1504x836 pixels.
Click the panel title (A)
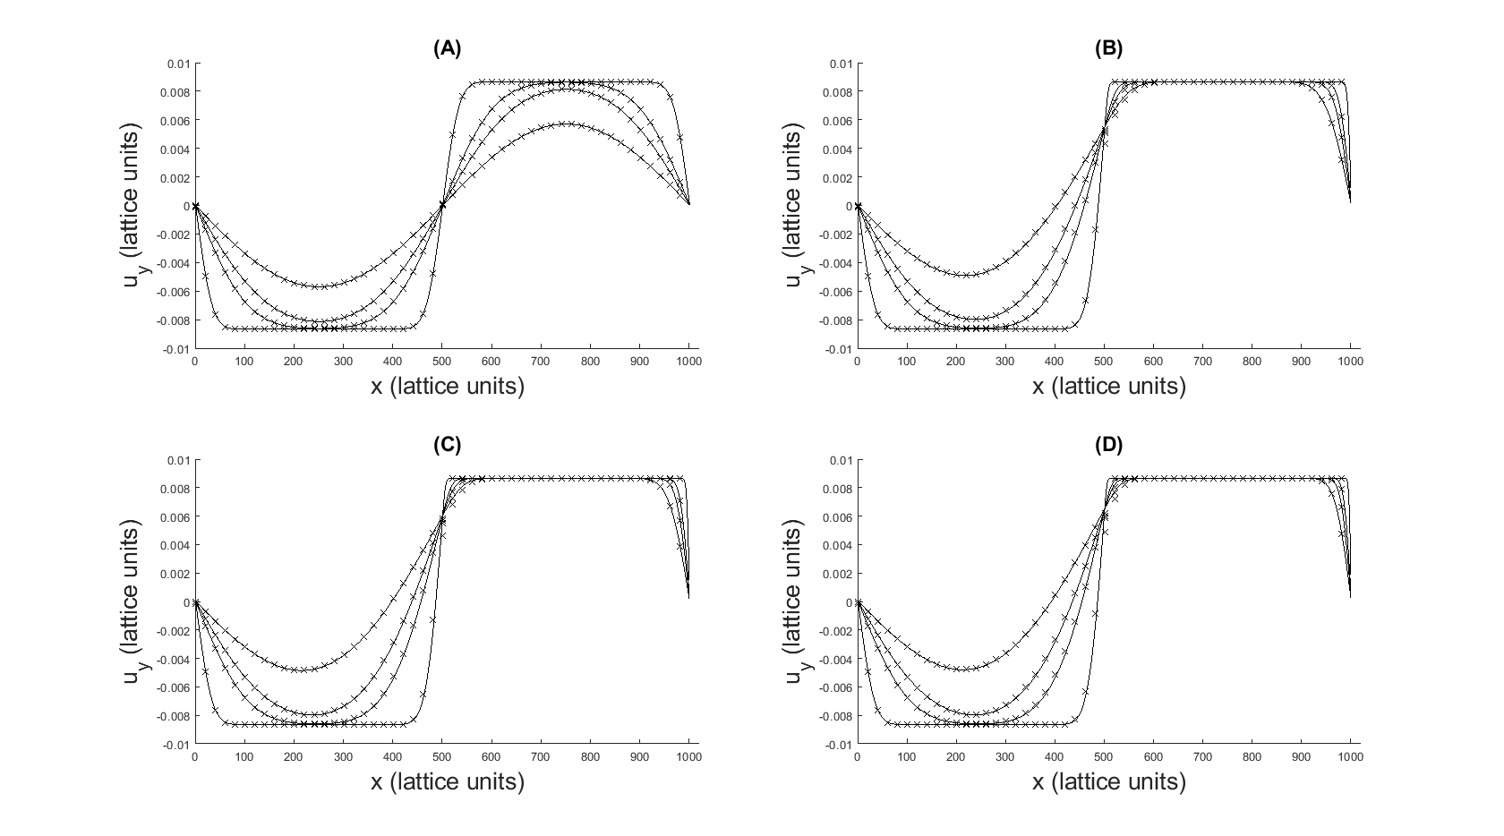(x=448, y=48)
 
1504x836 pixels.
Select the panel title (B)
(x=1108, y=48)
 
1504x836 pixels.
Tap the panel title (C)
(x=448, y=445)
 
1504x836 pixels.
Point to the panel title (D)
(x=1108, y=445)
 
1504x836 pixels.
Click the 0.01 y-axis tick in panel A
(x=179, y=64)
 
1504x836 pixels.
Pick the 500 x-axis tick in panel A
(x=442, y=362)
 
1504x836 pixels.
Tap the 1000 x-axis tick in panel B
(x=1351, y=362)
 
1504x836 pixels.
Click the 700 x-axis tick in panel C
(x=541, y=756)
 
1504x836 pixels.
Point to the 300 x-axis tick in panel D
(x=1005, y=756)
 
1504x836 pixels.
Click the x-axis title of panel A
(x=448, y=386)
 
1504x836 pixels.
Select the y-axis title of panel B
(x=797, y=206)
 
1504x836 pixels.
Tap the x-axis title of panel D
(x=1108, y=781)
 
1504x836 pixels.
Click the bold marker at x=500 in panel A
(x=442, y=206)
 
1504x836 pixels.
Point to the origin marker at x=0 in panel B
(x=858, y=206)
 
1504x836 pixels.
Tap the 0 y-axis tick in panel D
(x=850, y=602)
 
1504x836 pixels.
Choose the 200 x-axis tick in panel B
(x=956, y=362)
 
